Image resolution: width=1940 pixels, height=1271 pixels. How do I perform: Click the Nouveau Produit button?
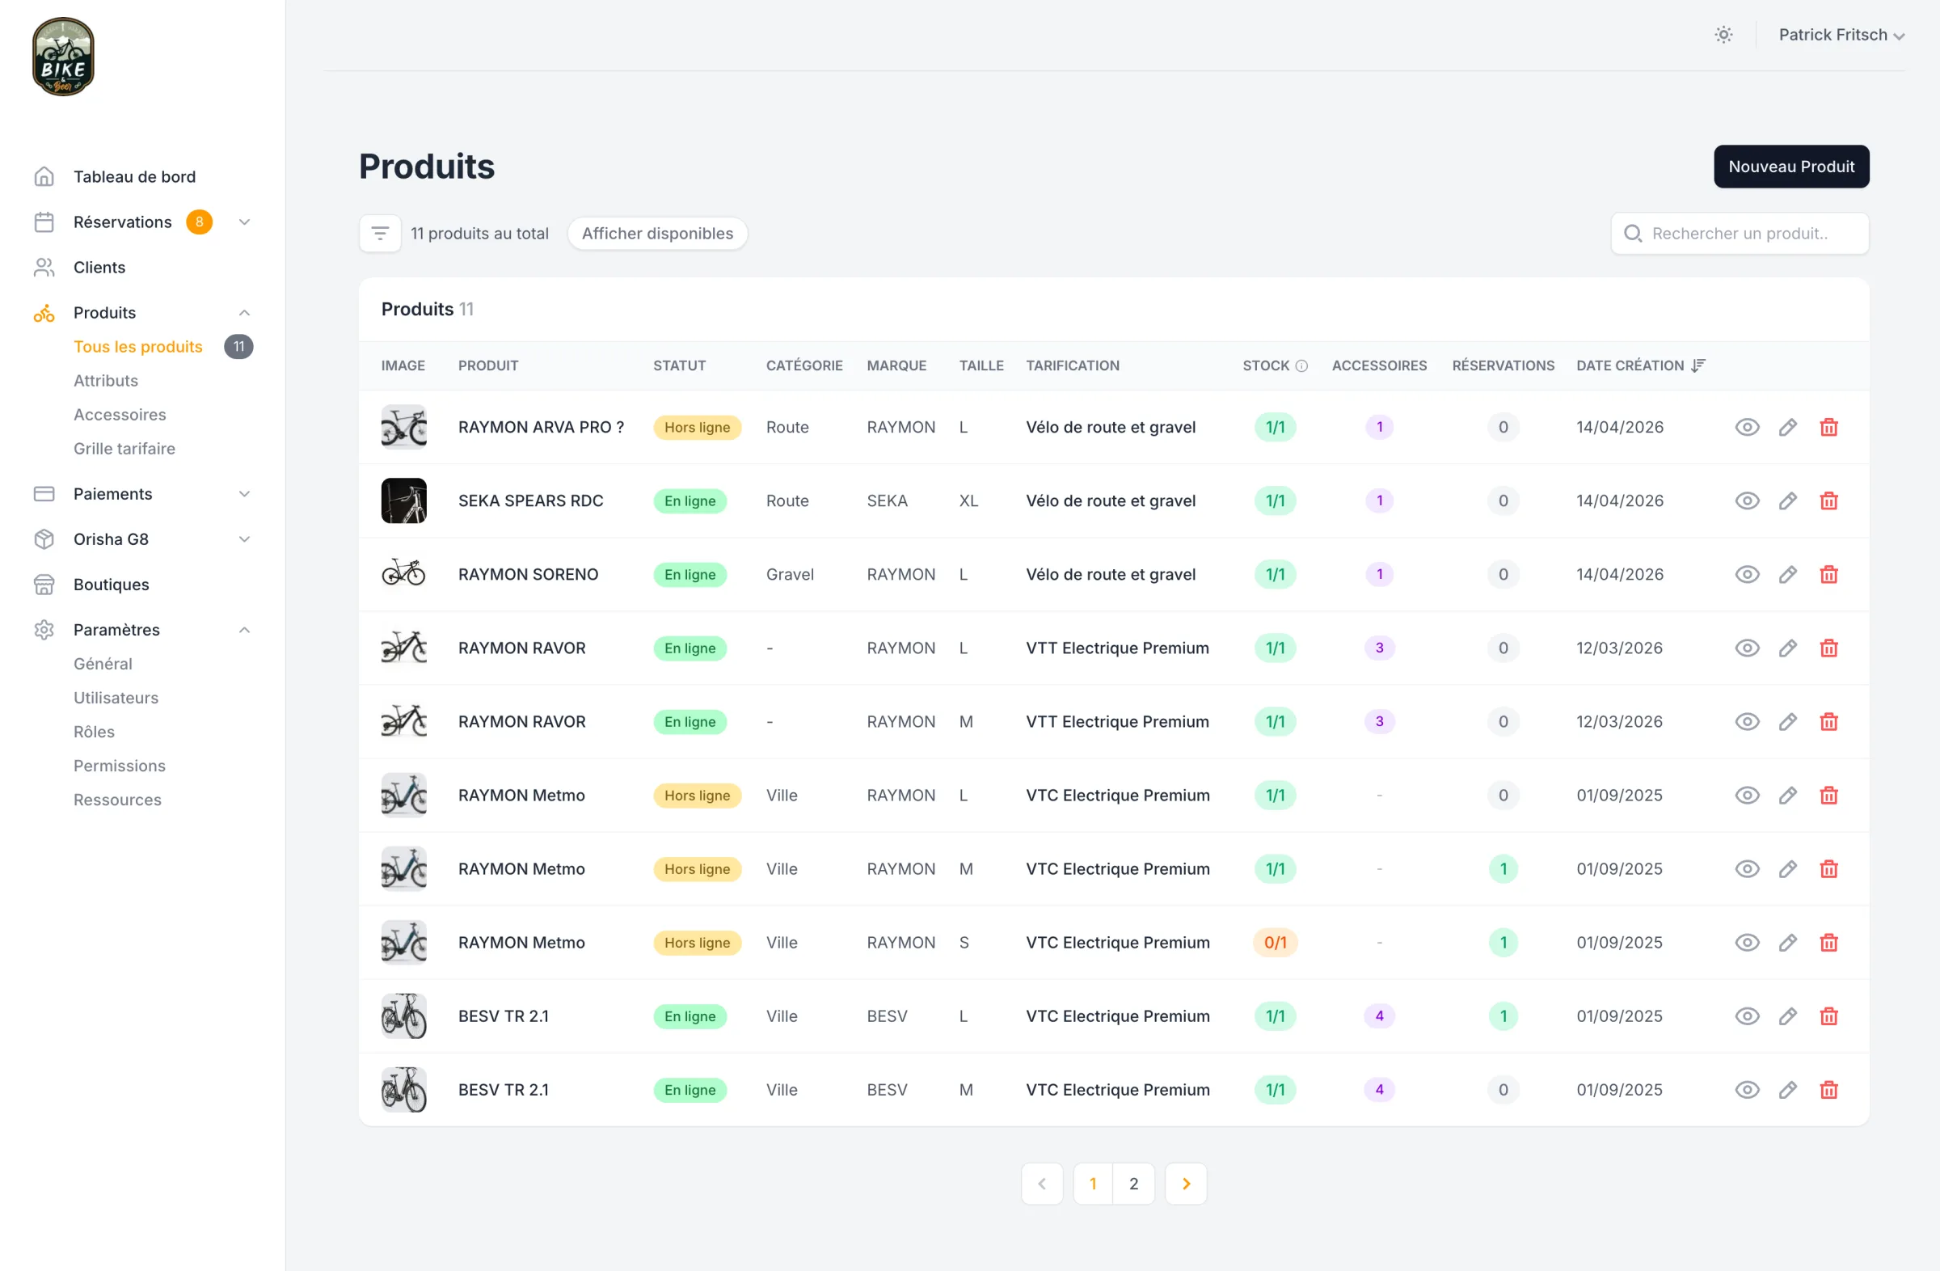1790,167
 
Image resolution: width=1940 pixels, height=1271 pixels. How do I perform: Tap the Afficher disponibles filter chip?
657,233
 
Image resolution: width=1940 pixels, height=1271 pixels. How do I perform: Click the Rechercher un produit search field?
1740,233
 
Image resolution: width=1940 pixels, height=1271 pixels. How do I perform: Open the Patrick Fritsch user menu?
1841,35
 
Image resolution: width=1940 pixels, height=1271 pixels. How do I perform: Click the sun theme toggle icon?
1723,35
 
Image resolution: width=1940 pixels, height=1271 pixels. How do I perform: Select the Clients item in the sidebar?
99,268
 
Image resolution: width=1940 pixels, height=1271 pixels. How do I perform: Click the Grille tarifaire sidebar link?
124,449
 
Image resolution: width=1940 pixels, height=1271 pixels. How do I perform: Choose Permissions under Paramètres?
119,766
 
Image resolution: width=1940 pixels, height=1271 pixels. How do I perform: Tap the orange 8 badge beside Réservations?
199,222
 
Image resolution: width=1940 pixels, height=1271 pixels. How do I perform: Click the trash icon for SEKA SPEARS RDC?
1828,500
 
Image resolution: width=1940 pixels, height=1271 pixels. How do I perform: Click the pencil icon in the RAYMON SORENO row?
1787,574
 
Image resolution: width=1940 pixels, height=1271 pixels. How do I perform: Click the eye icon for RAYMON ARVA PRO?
1747,427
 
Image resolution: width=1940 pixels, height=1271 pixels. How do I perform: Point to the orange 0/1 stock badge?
1275,943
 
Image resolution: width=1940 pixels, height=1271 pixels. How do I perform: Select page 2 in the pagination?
1133,1184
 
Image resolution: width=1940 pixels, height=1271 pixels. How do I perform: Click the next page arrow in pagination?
1186,1184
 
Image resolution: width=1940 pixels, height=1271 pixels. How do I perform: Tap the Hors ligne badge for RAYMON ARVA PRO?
697,427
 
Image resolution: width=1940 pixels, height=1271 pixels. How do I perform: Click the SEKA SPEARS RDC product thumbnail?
403,500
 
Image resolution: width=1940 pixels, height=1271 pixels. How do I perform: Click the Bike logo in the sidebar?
63,57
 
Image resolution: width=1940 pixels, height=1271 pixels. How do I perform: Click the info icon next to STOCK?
1301,366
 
